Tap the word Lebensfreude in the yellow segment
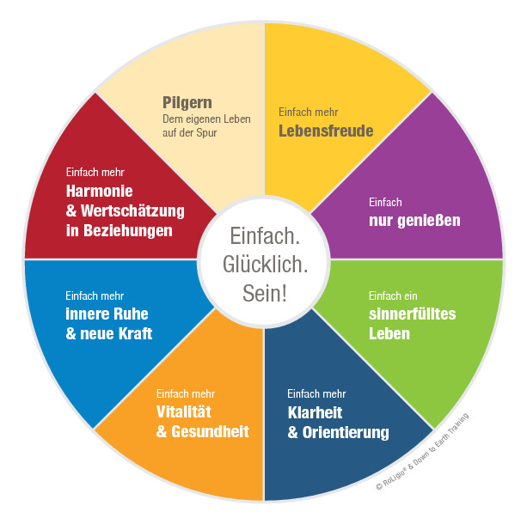[326, 131]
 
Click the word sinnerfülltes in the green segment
[412, 314]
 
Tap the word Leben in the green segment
[389, 333]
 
